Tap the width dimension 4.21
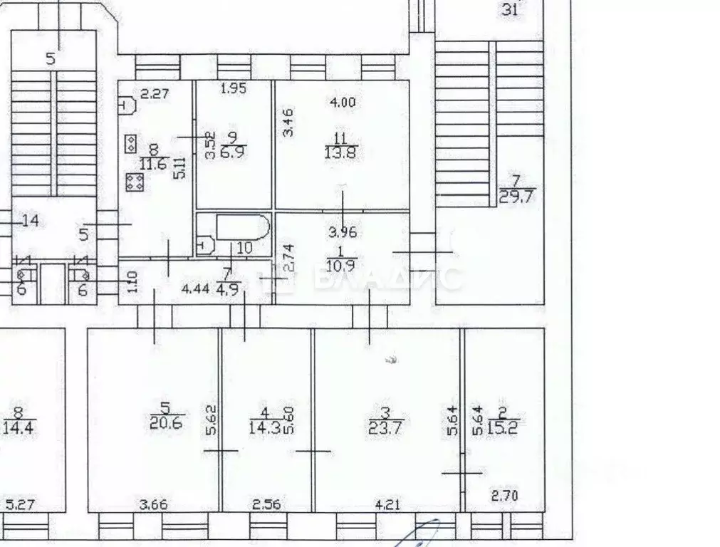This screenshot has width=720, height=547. click(x=387, y=506)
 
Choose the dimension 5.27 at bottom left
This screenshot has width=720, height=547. click(x=21, y=505)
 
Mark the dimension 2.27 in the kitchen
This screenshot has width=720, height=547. click(x=154, y=93)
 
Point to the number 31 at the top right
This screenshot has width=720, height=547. click(x=511, y=10)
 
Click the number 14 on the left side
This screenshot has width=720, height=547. click(x=29, y=221)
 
